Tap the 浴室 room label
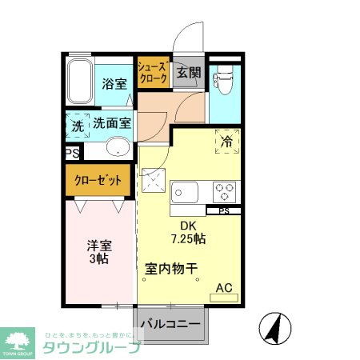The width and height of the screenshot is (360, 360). coord(115,82)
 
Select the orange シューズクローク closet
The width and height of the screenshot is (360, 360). coord(152,74)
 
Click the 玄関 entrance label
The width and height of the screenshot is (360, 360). coord(188,73)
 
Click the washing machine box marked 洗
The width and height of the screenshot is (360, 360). coord(77,125)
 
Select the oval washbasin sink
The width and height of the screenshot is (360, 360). coord(118,147)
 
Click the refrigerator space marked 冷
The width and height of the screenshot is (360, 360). coord(226,141)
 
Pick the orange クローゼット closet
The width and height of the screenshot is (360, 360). coord(98,180)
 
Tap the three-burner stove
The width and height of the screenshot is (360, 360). coord(222,191)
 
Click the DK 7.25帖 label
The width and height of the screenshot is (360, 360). coord(187,232)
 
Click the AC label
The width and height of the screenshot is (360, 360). coord(224,288)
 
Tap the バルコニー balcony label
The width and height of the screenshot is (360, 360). coord(171,325)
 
